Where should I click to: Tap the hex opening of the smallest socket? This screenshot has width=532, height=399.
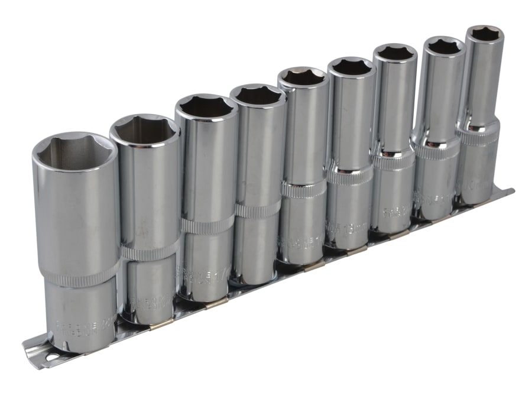coord(485,34)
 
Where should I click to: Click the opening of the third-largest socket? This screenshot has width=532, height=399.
coord(206,107)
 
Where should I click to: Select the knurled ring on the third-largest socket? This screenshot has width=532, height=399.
coord(207,225)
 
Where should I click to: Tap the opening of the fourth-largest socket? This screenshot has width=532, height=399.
coord(258,95)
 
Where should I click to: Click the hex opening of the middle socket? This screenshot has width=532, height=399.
coord(303,77)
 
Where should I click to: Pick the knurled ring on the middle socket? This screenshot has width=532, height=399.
coord(303,189)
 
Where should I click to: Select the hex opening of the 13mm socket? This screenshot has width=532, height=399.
coord(351,66)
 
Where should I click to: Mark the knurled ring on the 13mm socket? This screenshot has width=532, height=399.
coord(350,175)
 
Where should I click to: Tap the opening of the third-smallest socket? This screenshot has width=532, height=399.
coord(395,53)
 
